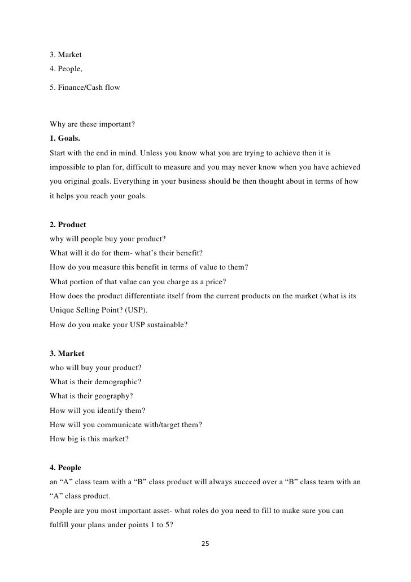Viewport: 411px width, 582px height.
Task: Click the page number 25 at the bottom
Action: click(205, 544)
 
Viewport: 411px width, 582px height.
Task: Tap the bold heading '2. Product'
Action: click(68, 224)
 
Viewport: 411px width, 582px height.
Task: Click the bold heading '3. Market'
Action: click(67, 353)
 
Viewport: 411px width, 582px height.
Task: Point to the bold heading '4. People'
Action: click(65, 468)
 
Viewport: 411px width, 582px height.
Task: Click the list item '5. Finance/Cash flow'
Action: click(85, 88)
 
